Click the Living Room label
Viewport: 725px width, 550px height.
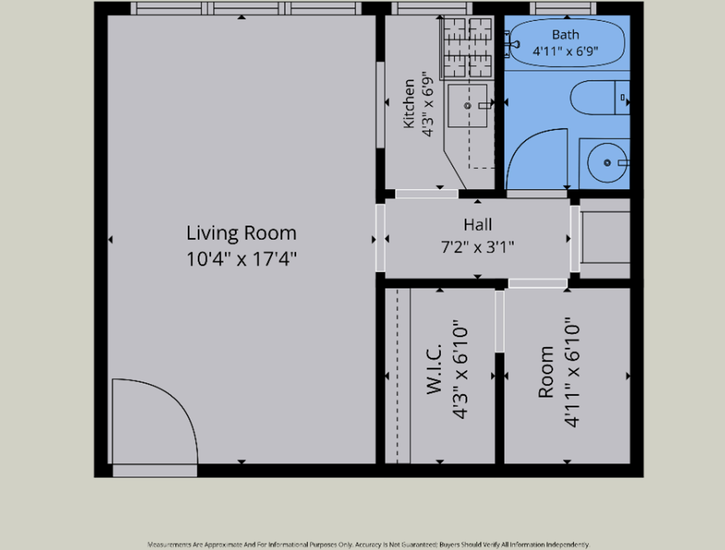[241, 233]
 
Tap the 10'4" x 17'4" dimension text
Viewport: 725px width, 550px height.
[242, 259]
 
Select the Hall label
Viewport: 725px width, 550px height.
[478, 225]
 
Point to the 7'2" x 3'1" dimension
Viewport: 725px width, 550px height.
[478, 247]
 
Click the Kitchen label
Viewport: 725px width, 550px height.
[409, 104]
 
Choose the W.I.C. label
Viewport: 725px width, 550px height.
[434, 369]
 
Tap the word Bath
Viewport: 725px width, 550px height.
[565, 35]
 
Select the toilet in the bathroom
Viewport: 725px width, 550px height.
[600, 98]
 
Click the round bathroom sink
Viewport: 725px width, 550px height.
[607, 163]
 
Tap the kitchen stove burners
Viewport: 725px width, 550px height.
[467, 48]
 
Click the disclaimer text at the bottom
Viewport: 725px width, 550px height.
[368, 544]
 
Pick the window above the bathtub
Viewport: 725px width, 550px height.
[563, 8]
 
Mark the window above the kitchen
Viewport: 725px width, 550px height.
[432, 8]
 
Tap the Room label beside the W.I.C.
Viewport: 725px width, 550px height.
[546, 372]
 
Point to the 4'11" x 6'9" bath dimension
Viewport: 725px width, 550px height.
[565, 51]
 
